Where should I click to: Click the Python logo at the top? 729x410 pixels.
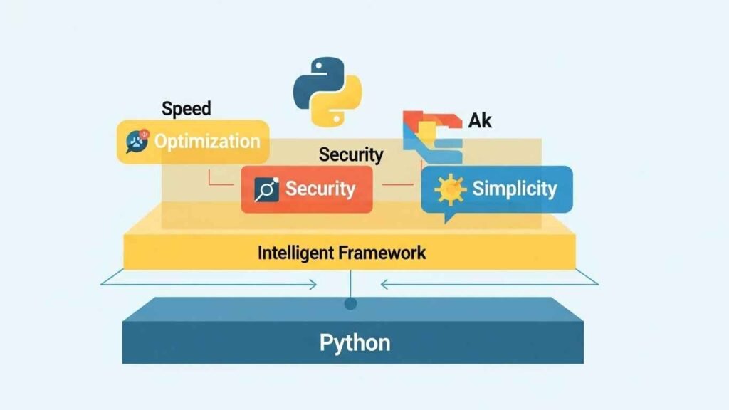coord(327,93)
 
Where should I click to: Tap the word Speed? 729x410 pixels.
coord(187,109)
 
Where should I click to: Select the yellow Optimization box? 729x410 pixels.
coord(193,141)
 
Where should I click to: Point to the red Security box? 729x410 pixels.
coord(306,189)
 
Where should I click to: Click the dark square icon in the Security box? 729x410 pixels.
coord(266,190)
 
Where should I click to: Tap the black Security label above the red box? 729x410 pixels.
coord(351,154)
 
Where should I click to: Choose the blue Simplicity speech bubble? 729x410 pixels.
coord(496,190)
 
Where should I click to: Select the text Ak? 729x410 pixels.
coord(480,121)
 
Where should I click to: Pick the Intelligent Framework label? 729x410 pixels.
coord(342,252)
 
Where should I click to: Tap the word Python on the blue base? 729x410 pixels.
coord(355,342)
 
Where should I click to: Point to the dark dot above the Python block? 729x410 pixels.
coord(350,304)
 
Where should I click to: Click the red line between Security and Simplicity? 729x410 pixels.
coord(397,186)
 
